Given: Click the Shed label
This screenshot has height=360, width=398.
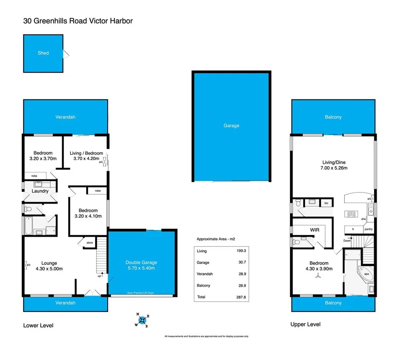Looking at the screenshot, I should point(43,53).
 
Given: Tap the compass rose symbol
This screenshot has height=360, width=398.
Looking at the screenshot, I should point(143,320).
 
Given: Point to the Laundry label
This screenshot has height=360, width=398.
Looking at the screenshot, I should point(40,191).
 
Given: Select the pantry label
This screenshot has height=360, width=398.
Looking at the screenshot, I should point(368,229).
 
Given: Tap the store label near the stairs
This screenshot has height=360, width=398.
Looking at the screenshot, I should point(89,242).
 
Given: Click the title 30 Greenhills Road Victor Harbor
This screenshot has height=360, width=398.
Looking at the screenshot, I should point(78,20).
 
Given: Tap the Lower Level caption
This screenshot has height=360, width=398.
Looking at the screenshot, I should point(38,326).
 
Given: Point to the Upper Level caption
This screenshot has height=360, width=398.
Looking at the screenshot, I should point(305,324).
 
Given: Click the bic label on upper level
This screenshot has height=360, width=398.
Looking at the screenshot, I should point(326,203).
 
